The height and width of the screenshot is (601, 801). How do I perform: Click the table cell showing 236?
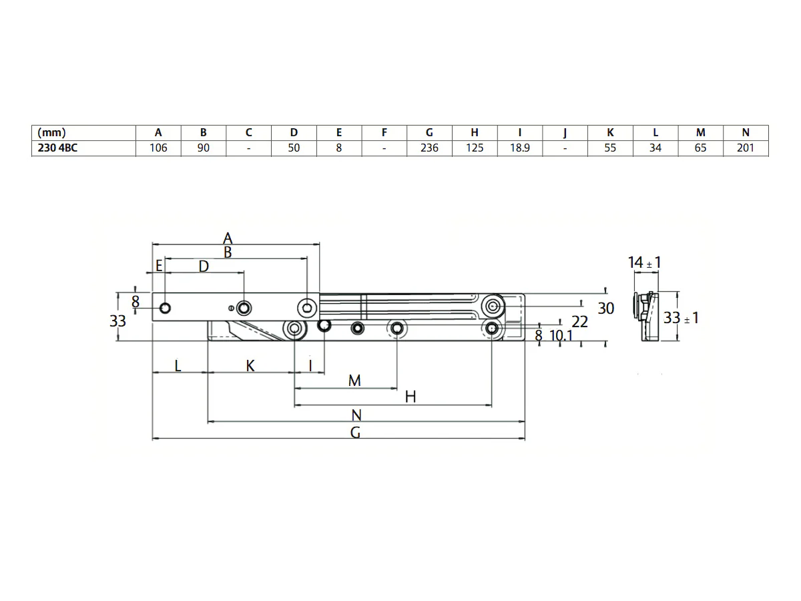[429, 148]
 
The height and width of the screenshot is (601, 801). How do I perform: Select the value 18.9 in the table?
[519, 148]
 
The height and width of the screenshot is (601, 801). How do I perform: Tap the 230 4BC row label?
[57, 148]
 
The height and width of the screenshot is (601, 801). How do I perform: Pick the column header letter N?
[746, 132]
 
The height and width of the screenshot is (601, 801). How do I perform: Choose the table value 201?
[746, 148]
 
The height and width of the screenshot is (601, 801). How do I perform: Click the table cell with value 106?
[158, 148]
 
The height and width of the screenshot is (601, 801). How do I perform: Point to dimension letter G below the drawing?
[355, 433]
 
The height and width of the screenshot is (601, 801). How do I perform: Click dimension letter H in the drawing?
[411, 397]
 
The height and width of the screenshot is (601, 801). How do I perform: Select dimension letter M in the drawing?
[354, 381]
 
